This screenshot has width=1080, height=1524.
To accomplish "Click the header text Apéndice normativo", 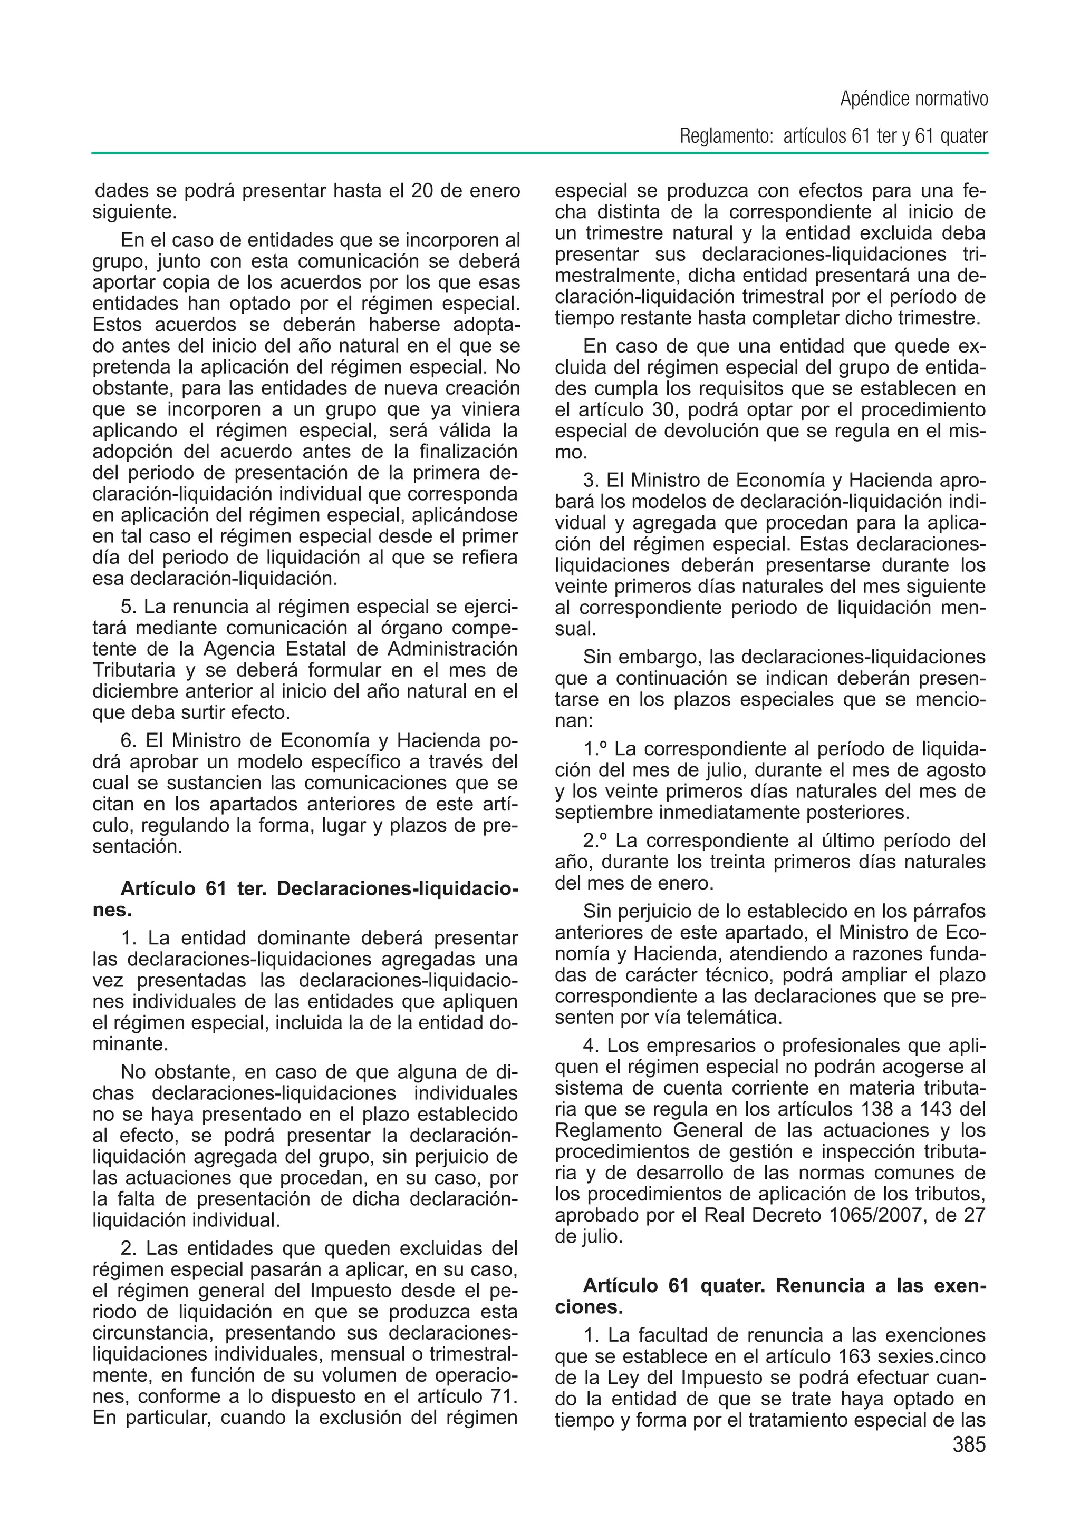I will tap(914, 100).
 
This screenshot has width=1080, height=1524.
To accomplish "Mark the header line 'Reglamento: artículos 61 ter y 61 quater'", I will tap(833, 137).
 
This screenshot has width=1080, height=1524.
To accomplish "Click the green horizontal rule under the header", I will tap(539, 153).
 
